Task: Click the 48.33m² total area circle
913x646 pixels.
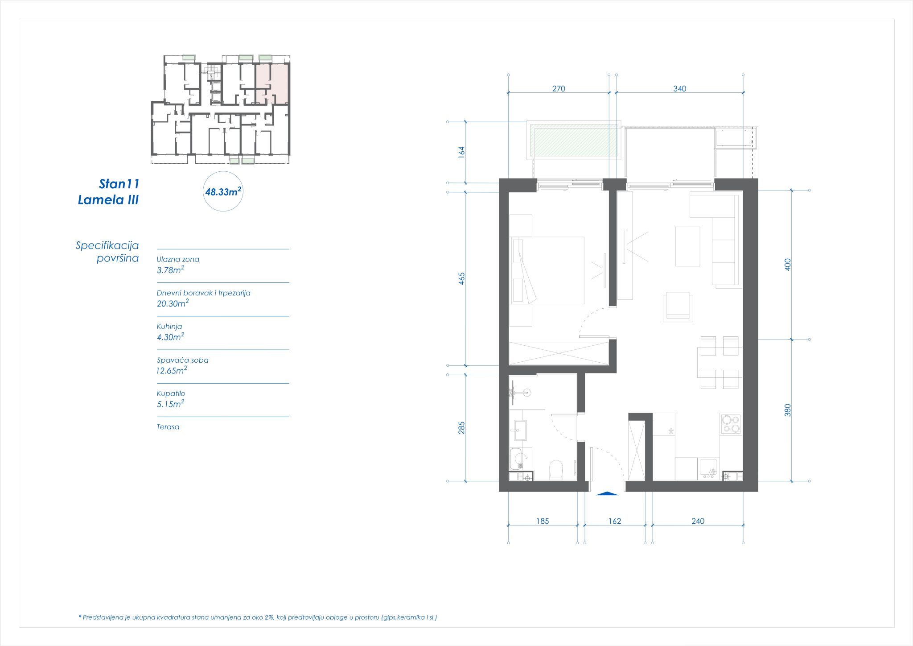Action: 223,192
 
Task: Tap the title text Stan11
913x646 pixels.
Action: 119,184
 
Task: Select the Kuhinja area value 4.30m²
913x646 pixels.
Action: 170,337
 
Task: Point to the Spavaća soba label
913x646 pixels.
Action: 182,360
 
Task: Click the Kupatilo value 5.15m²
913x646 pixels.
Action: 170,404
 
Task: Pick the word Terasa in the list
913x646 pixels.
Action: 168,427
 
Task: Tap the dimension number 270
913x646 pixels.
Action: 558,89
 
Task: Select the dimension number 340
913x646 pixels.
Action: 679,89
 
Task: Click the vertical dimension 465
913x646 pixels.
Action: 461,279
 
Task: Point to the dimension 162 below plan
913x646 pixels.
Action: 614,521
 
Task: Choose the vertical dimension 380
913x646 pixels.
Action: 788,410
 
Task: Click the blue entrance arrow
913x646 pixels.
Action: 607,493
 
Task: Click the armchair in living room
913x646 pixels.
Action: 678,307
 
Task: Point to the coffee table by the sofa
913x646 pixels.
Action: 687,246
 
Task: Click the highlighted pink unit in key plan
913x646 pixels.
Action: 271,83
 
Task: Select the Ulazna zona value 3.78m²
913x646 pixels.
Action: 170,270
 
